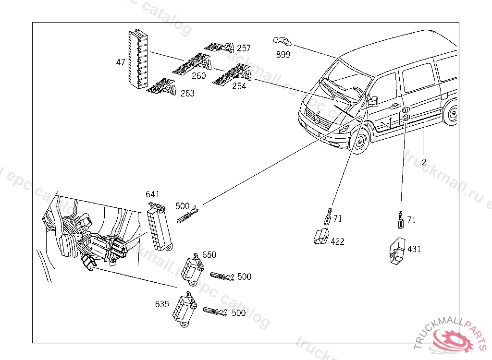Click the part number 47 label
click(121, 62)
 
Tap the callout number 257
click(244, 48)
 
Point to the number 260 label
click(198, 75)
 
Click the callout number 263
click(187, 93)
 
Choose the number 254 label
click(239, 86)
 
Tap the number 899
click(283, 55)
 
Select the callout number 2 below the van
click(424, 162)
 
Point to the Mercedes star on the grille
click(318, 118)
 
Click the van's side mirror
click(373, 101)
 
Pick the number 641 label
click(153, 194)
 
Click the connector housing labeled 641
click(158, 228)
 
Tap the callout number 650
click(209, 254)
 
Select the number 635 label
click(162, 304)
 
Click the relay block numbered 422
click(321, 237)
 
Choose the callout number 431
click(414, 249)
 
